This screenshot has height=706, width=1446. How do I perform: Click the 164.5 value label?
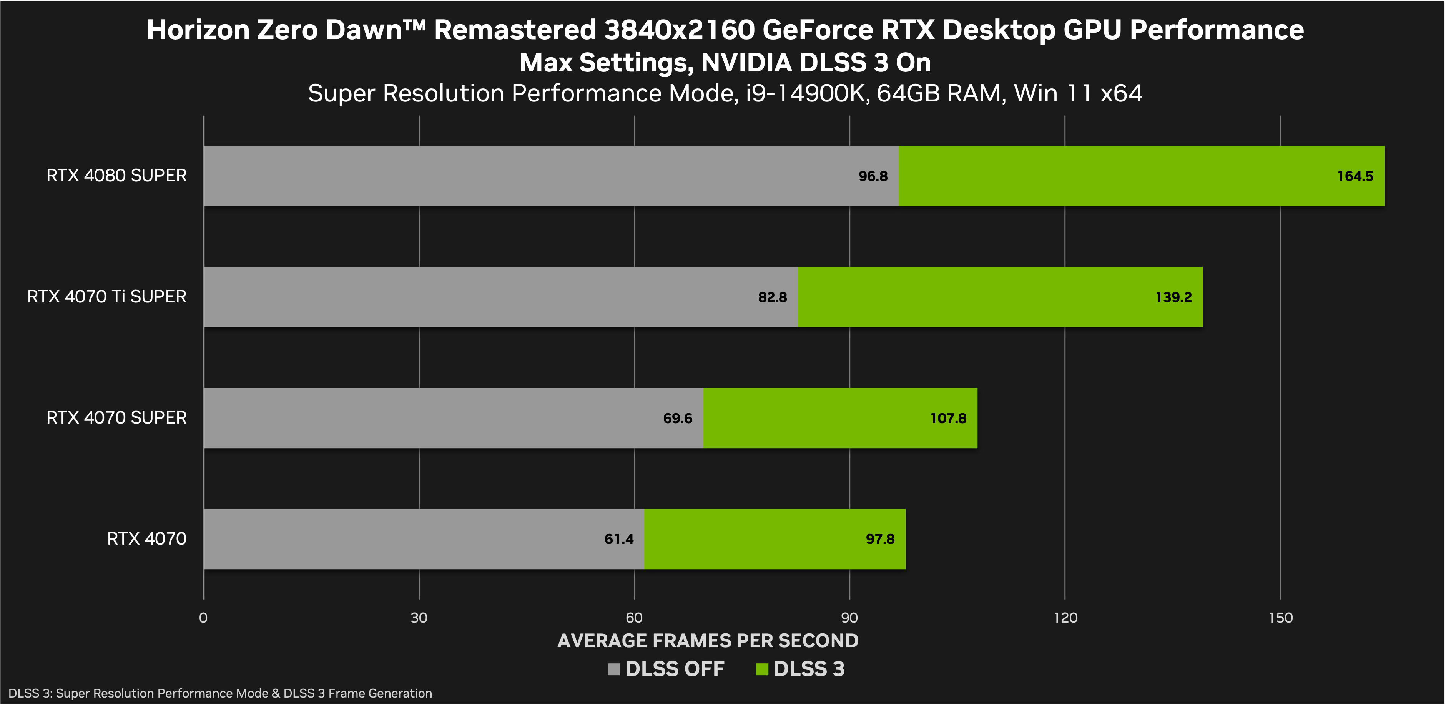(1355, 176)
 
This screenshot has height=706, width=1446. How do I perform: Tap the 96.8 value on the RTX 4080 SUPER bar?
(873, 176)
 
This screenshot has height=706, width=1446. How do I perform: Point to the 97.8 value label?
(879, 539)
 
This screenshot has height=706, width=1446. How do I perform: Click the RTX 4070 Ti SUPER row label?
(106, 296)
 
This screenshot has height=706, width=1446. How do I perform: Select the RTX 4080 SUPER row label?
(116, 176)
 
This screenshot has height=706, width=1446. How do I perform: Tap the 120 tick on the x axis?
(1065, 618)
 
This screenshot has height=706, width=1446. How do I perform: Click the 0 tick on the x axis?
(203, 618)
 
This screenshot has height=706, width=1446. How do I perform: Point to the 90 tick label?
(849, 618)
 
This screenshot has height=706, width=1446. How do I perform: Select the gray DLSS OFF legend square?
(613, 669)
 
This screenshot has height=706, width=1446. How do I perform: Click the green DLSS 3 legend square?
(762, 669)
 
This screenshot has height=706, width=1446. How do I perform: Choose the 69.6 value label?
(678, 418)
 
